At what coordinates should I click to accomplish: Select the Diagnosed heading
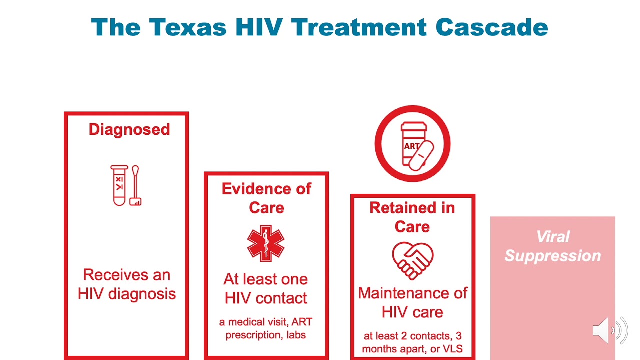[129, 129]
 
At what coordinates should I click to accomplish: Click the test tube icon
[119, 185]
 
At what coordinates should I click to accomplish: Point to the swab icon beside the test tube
[135, 185]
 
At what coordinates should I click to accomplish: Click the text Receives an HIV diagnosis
[127, 284]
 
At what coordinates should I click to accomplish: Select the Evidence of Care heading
[266, 198]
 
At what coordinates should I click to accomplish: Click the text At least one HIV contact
[266, 288]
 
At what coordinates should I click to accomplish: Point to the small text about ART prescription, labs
[266, 328]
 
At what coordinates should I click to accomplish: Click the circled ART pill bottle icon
[412, 144]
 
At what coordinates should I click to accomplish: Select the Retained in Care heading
[412, 217]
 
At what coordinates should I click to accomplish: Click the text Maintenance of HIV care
[412, 302]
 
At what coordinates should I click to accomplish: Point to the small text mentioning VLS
[412, 342]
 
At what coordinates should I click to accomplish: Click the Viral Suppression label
[552, 246]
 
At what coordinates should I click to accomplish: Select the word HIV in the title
[259, 27]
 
